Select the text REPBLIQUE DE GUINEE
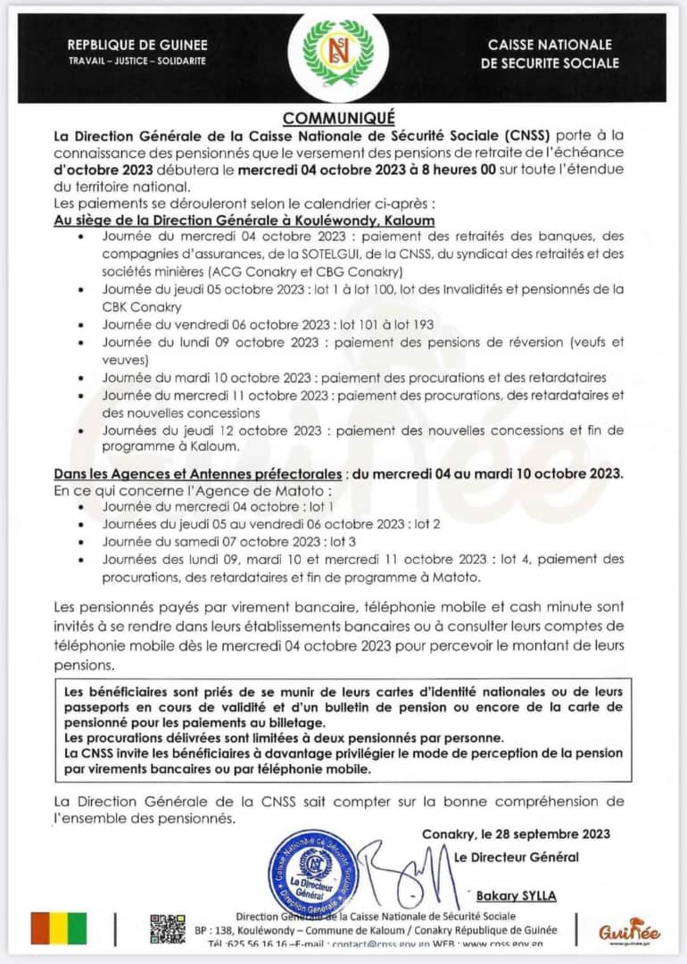[x=137, y=45]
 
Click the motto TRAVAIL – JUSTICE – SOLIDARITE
[x=137, y=61]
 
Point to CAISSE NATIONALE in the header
[x=550, y=45]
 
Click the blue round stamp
[x=312, y=872]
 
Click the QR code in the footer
[x=168, y=929]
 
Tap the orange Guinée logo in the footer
[x=630, y=930]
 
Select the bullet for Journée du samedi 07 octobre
[x=82, y=542]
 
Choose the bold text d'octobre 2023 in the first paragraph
[x=104, y=170]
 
